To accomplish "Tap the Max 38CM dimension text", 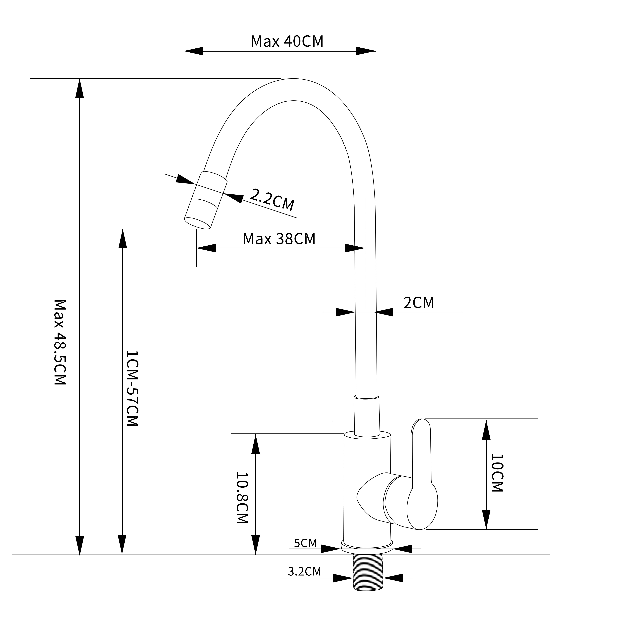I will click(279, 239).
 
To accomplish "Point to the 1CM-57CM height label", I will click(132, 388).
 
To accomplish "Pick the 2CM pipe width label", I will click(418, 303).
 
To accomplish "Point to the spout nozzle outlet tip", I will click(197, 223).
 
